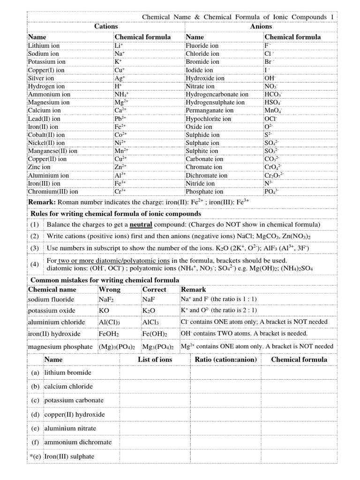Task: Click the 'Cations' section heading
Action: [x=106, y=27]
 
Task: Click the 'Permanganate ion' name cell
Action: [x=210, y=111]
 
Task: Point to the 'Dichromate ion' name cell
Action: [x=207, y=175]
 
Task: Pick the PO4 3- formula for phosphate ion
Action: [x=271, y=192]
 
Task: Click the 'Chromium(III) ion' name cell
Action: [x=53, y=192]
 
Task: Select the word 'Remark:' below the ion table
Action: [x=42, y=202]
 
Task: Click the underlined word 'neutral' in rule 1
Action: [x=142, y=225]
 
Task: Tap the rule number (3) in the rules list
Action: [x=35, y=247]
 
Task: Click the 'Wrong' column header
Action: [x=109, y=290]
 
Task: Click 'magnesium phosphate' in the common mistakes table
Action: [x=60, y=347]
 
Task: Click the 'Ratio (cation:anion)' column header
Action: [x=225, y=360]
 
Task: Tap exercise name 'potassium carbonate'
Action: [x=74, y=401]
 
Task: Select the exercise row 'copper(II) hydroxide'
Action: [x=75, y=415]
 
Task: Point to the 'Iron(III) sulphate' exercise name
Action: [x=69, y=457]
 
